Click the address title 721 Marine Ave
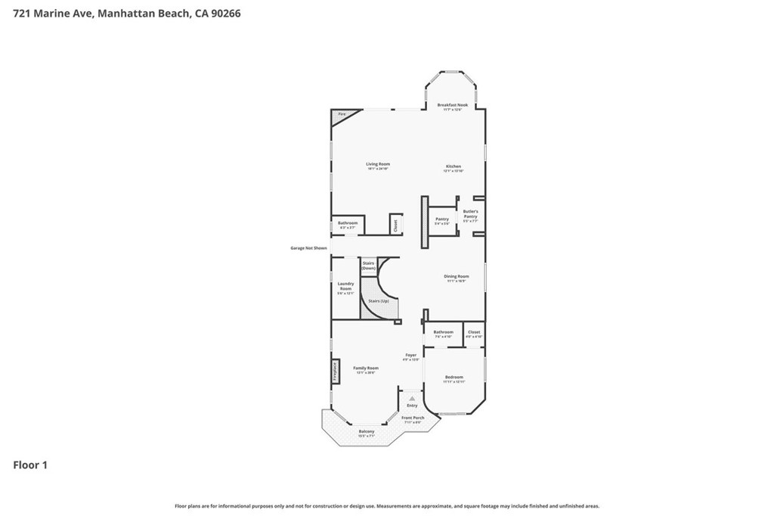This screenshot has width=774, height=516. [127, 14]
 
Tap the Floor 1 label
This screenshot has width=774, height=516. [30, 465]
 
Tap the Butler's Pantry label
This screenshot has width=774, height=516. [470, 216]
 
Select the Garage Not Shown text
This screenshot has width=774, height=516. [309, 248]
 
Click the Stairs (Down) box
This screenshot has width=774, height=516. [368, 266]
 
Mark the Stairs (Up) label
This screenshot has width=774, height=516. [379, 301]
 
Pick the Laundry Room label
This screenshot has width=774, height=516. [345, 288]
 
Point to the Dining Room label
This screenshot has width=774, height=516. [456, 278]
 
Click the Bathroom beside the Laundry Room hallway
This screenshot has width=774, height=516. [348, 225]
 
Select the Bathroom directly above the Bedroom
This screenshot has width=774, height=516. [443, 334]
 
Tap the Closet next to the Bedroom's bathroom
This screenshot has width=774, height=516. [474, 334]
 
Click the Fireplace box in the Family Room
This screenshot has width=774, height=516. [333, 372]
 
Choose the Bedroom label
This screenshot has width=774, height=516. [454, 378]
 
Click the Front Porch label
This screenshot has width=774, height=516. [413, 419]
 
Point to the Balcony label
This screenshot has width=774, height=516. [366, 433]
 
